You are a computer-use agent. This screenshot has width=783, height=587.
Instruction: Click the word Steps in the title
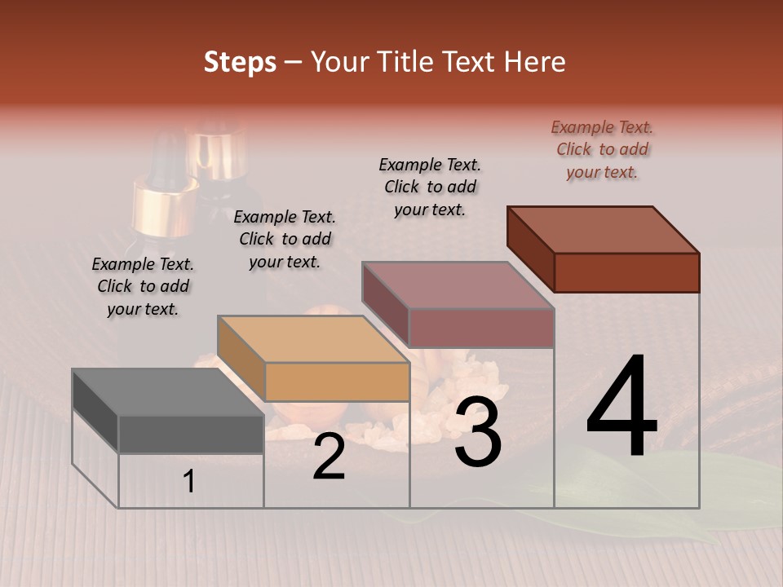pyautogui.click(x=240, y=62)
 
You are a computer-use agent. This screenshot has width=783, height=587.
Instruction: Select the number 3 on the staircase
pyautogui.click(x=478, y=433)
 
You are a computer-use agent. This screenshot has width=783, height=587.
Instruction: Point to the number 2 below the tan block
pyautogui.click(x=329, y=457)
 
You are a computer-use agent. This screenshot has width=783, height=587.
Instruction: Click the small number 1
pyautogui.click(x=189, y=482)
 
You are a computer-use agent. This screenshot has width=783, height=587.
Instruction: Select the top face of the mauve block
pyautogui.click(x=458, y=285)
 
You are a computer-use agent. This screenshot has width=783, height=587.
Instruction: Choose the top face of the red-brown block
pyautogui.click(x=603, y=229)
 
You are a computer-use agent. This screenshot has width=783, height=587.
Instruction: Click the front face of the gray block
pyautogui.click(x=191, y=434)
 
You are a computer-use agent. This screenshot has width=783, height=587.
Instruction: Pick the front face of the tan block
pyautogui.click(x=337, y=382)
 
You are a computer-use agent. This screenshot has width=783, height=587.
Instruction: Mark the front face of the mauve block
pyautogui.click(x=481, y=328)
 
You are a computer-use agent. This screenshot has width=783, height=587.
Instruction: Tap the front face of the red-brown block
pyautogui.click(x=626, y=272)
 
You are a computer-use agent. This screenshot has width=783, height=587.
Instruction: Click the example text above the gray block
pyautogui.click(x=143, y=287)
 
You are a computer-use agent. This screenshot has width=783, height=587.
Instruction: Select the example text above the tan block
pyautogui.click(x=285, y=240)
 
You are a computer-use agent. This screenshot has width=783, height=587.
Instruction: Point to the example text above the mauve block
pyautogui.click(x=430, y=187)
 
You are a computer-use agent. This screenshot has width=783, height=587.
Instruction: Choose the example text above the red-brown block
pyautogui.click(x=602, y=150)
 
